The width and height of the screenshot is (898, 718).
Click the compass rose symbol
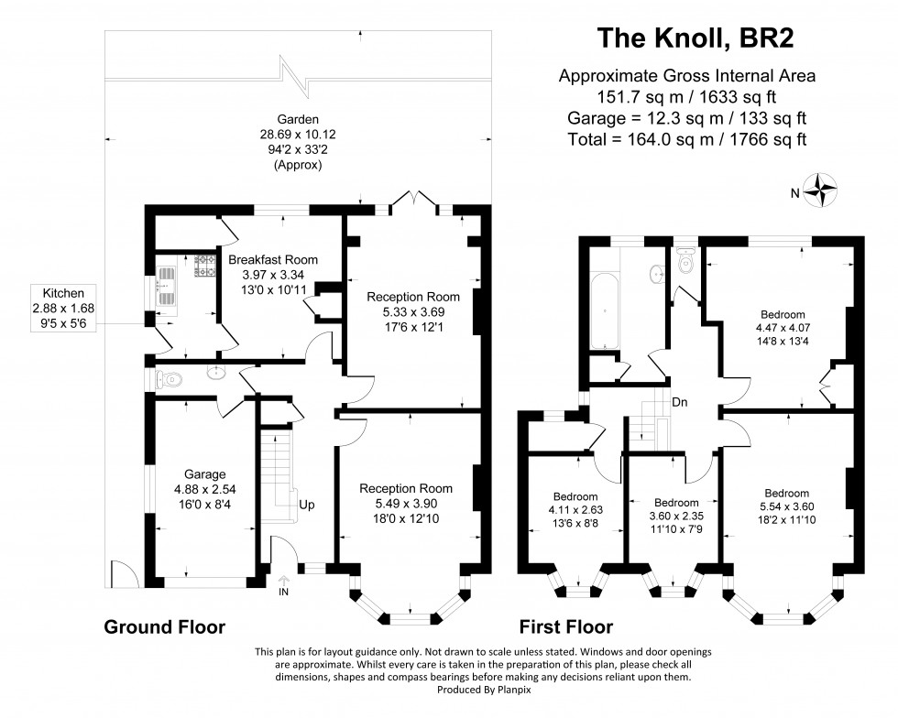819,190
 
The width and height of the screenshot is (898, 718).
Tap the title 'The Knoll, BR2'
696,39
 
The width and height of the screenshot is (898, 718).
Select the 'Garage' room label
204,474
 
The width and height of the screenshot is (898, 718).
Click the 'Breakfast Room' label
273,259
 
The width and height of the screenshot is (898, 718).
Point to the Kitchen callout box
63,309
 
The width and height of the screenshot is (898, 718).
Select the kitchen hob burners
204,266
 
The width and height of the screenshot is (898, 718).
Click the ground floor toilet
169,379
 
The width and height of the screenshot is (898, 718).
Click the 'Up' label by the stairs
306,505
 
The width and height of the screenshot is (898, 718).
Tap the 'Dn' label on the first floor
679,403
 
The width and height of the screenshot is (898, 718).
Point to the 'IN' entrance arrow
283,585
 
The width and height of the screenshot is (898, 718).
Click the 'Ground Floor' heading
164,627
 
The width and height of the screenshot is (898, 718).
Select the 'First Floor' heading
566,627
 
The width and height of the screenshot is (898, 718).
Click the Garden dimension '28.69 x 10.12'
298,135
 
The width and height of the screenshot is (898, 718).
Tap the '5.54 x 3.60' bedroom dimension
786,506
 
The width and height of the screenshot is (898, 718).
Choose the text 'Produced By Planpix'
484,690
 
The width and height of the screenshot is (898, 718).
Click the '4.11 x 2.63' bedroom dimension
575,509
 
